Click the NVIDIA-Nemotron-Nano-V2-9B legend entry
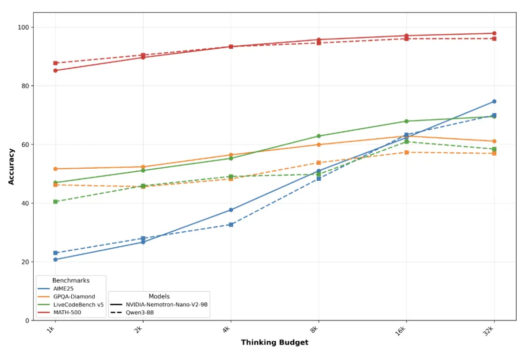pyautogui.click(x=159, y=304)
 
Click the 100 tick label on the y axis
pyautogui.click(x=22, y=27)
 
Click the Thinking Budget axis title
pyautogui.click(x=275, y=342)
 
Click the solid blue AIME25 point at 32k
pyautogui.click(x=494, y=101)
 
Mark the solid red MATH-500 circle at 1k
pyautogui.click(x=56, y=70)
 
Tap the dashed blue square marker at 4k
pyautogui.click(x=231, y=224)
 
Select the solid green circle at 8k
pyautogui.click(x=319, y=136)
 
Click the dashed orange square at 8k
pyautogui.click(x=319, y=163)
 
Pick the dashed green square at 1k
pyautogui.click(x=56, y=201)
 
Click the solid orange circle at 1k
pyautogui.click(x=56, y=169)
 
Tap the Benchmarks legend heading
pyautogui.click(x=71, y=280)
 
